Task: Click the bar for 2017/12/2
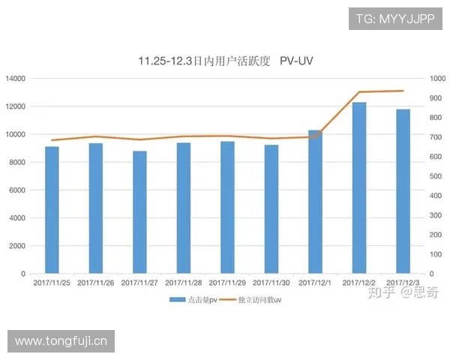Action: (359, 187)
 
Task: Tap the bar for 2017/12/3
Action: (403, 191)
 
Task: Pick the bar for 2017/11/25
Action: (52, 210)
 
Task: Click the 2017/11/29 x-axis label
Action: (227, 283)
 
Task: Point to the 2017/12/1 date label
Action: (315, 283)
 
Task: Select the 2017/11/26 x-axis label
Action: (95, 283)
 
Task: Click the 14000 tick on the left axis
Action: (16, 79)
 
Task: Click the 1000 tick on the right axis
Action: (437, 79)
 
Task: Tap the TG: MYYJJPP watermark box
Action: (395, 18)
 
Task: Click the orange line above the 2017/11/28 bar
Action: (184, 136)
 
